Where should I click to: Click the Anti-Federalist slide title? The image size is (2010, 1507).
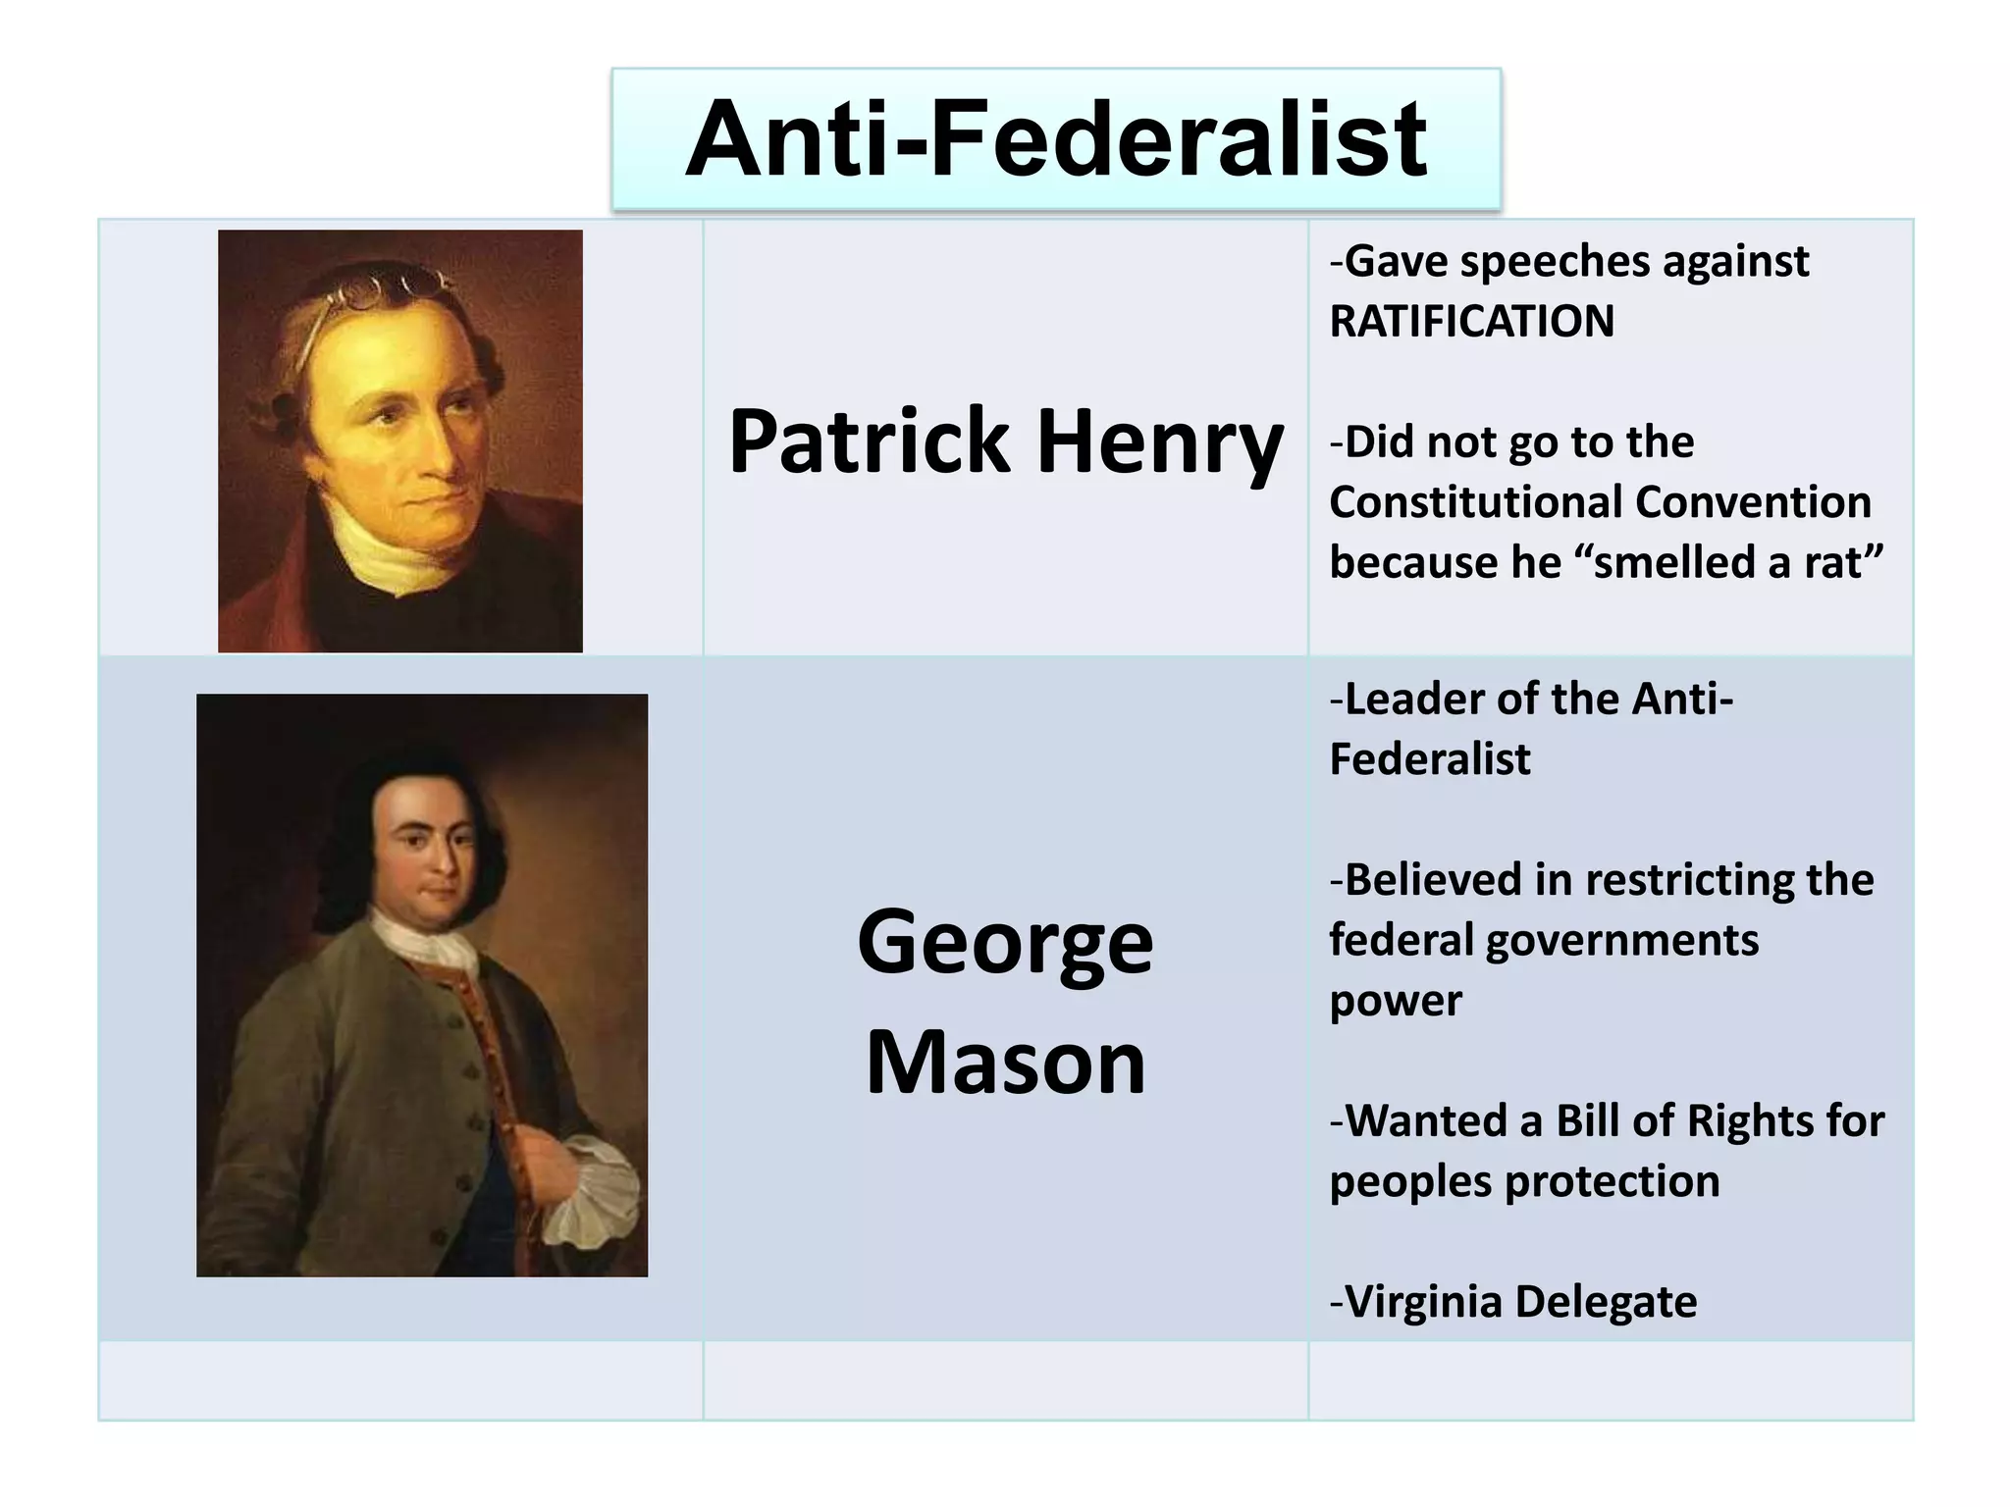pos(1055,139)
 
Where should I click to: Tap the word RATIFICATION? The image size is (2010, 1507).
pos(1471,322)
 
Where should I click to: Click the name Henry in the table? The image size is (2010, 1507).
pos(1160,443)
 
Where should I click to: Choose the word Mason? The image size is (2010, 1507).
pos(1005,1064)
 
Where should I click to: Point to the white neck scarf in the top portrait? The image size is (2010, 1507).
pos(393,549)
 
